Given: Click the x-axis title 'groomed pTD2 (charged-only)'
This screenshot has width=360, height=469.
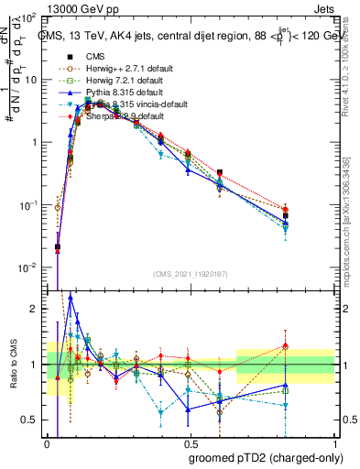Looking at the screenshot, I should coord(265,457).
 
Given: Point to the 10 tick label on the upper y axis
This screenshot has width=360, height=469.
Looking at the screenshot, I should coord(30,80).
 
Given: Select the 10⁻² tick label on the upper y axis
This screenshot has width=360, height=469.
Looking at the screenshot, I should coord(28,267).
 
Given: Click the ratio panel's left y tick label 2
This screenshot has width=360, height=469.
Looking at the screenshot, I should coord(35,309).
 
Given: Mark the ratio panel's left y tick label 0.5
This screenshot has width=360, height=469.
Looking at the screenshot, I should coord(30,420).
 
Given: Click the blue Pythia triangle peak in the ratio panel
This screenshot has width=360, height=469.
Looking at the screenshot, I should coord(71,297).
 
